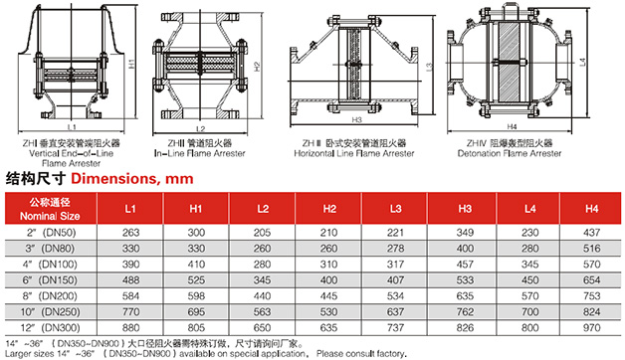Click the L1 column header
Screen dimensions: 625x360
[130, 209]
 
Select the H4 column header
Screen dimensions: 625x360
[591, 209]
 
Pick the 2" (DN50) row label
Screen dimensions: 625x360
[52, 233]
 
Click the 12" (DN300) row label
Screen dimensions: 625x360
[50, 328]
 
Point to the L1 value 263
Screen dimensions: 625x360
[130, 233]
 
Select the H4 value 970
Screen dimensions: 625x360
[591, 328]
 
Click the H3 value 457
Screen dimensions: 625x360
[465, 265]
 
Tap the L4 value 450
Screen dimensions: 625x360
[529, 280]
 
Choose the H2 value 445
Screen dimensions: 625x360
[328, 296]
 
